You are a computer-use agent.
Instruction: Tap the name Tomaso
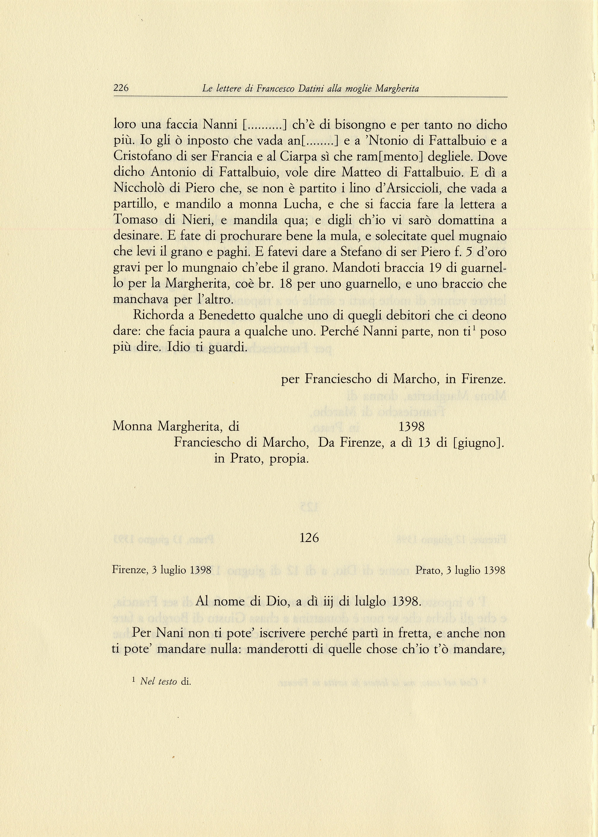click(135, 220)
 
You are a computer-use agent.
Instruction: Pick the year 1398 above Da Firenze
click(411, 427)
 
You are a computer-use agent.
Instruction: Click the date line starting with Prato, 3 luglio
click(460, 570)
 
